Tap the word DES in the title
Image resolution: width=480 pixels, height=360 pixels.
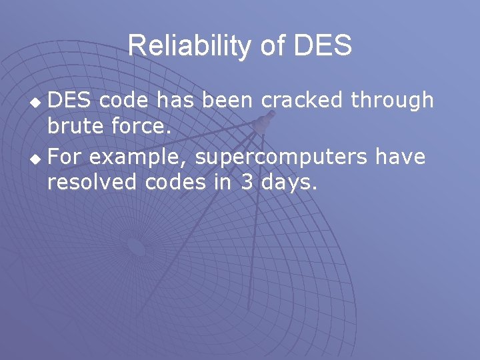pyautogui.click(x=322, y=46)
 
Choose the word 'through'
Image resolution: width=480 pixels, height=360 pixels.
pyautogui.click(x=392, y=100)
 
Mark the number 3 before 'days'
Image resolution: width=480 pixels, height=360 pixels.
pyautogui.click(x=247, y=181)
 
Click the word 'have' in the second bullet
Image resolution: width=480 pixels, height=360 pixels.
pyautogui.click(x=400, y=157)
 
